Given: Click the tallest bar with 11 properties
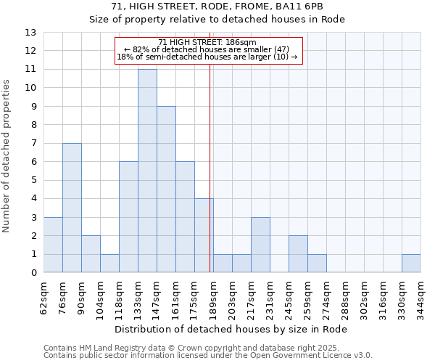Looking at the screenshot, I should tap(147, 171).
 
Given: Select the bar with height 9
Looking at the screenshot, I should tap(166, 189).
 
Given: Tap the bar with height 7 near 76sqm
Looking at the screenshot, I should tap(72, 208).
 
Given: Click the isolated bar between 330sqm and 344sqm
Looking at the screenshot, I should tap(411, 264).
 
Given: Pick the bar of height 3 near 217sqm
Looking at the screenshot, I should tap(260, 245).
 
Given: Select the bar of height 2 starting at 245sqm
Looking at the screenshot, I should tap(298, 254).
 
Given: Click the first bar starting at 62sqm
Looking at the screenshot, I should tap(53, 245).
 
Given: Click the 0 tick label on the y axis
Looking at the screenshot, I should tap(33, 273).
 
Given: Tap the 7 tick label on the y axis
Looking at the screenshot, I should tap(33, 144).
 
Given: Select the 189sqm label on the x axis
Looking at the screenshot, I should tap(213, 296).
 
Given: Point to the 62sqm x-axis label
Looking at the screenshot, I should tap(43, 296).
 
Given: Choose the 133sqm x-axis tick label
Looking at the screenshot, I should tap(138, 296).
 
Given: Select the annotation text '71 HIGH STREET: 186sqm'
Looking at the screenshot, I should tap(207, 43).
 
